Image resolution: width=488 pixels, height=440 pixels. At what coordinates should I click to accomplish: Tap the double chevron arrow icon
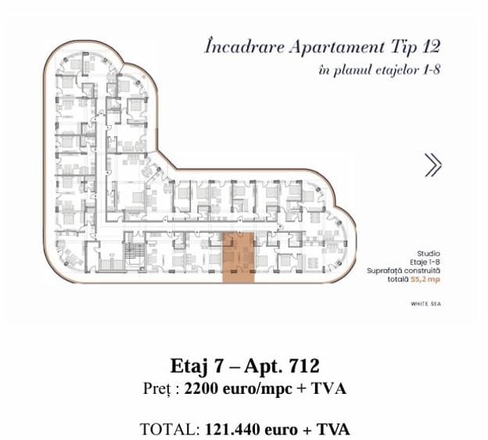click(432, 164)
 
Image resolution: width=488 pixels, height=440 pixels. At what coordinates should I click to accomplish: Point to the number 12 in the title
click(425, 46)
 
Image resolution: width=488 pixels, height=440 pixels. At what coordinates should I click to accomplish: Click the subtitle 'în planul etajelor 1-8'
click(380, 70)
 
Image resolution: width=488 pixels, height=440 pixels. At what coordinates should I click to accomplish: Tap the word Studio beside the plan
click(429, 253)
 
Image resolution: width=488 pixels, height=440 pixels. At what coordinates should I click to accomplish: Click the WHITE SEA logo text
click(425, 303)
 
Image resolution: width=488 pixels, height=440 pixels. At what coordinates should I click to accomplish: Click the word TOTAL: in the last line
click(170, 429)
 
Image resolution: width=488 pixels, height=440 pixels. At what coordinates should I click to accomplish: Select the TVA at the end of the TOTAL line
click(334, 429)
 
